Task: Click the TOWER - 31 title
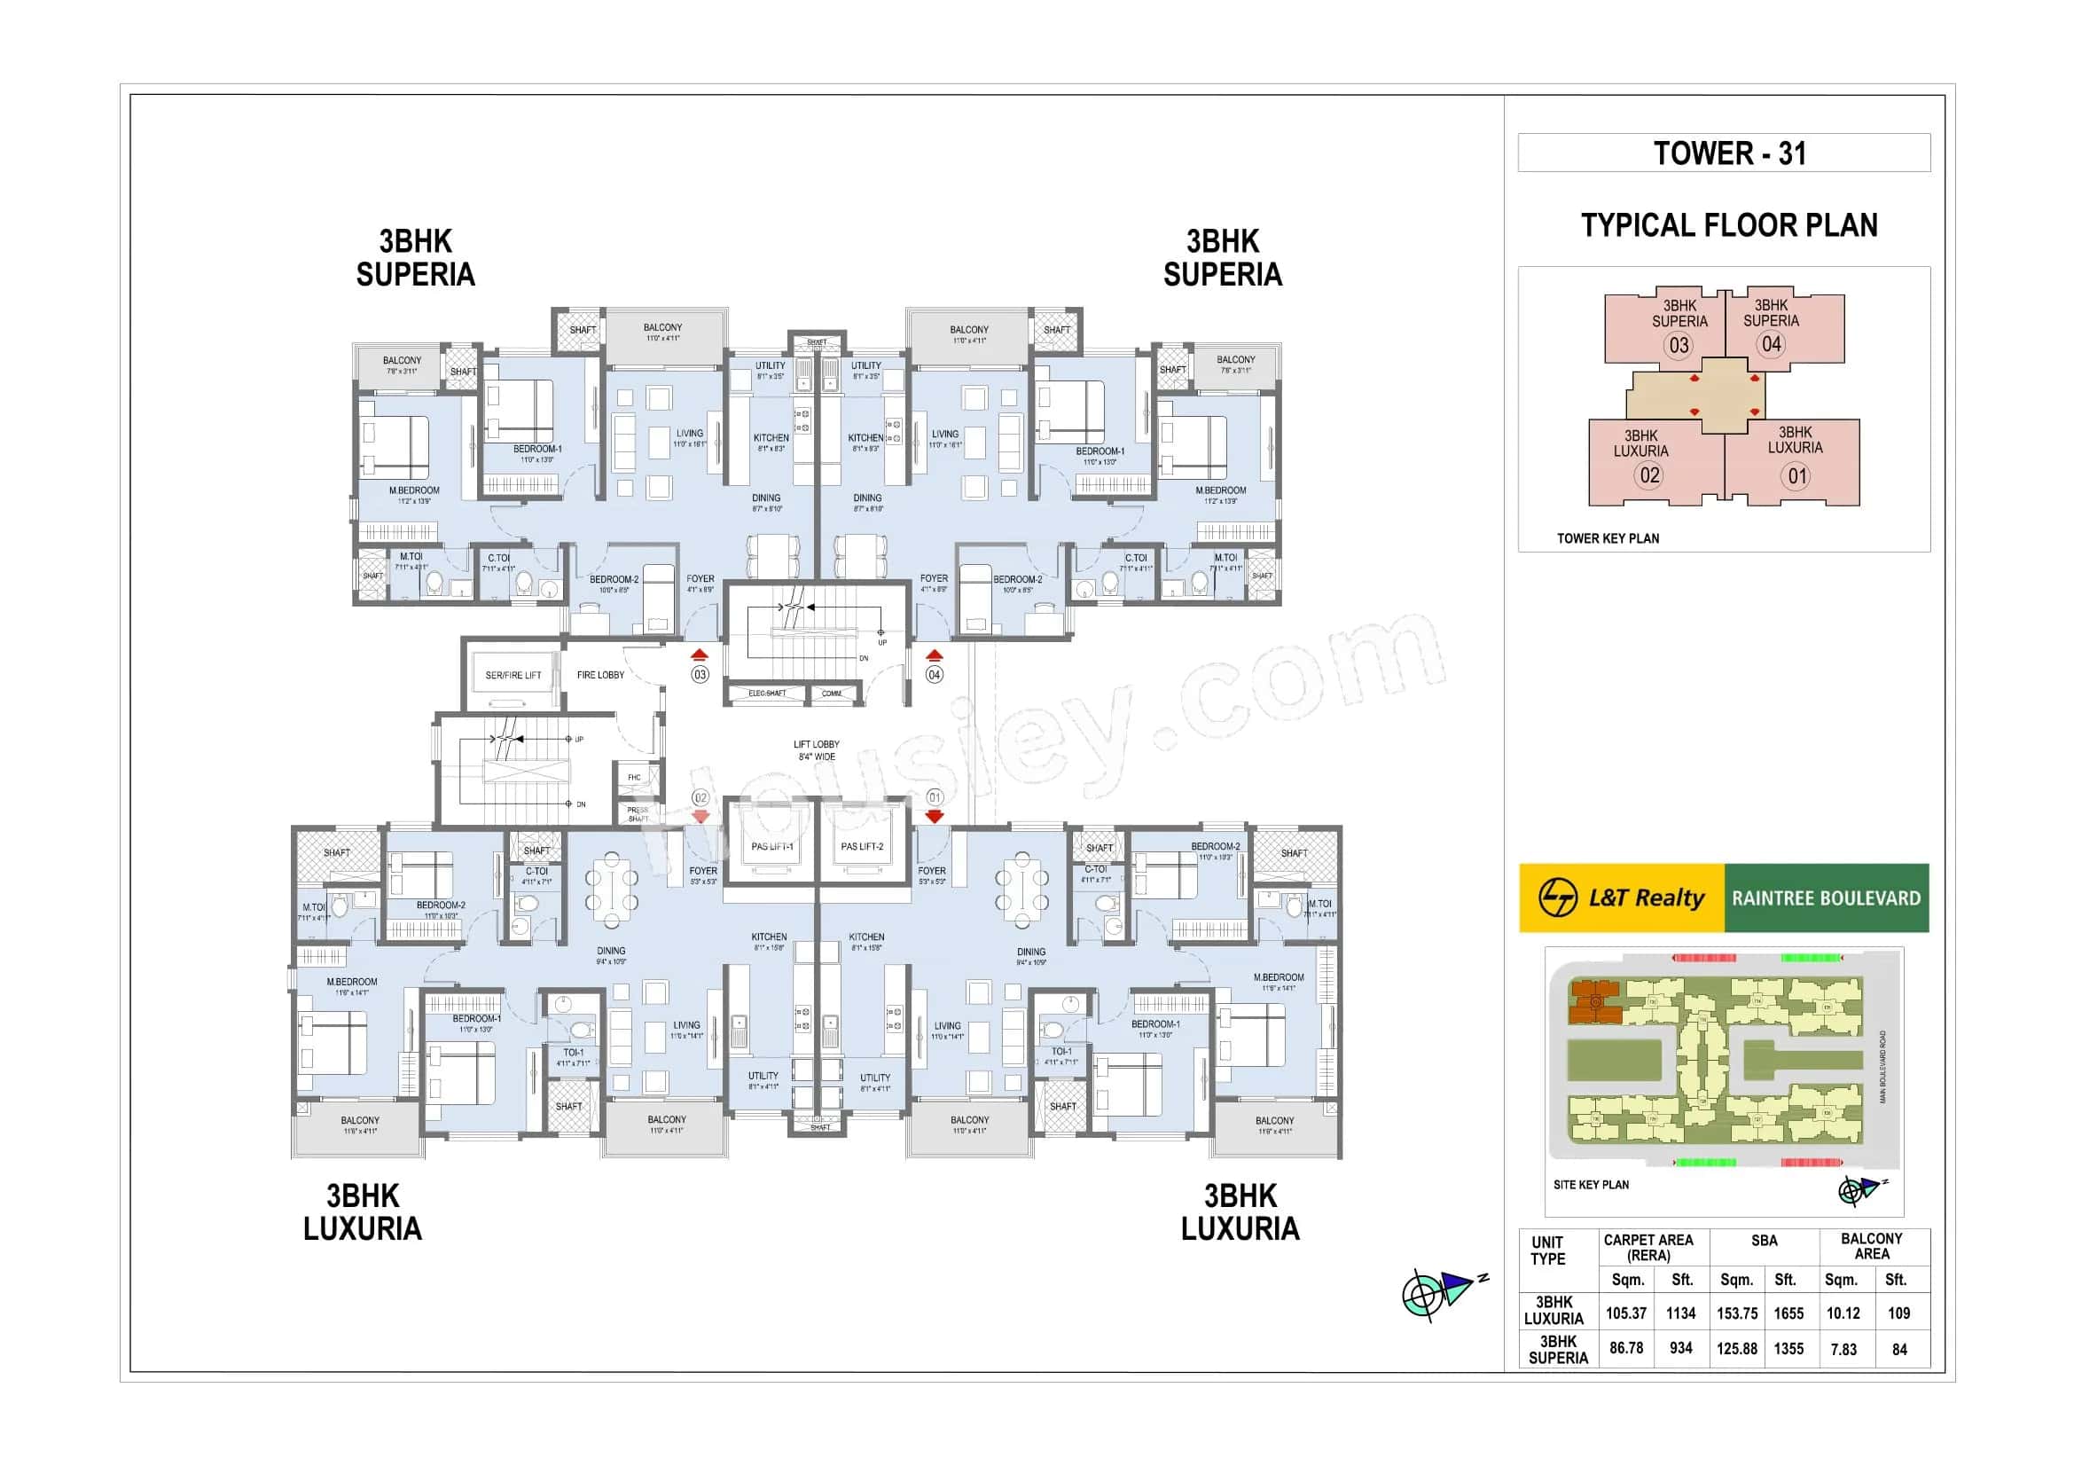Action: (1729, 153)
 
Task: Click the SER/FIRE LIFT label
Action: (513, 675)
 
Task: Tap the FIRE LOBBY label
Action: (599, 675)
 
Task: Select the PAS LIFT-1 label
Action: (771, 846)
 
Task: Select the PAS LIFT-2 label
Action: (862, 846)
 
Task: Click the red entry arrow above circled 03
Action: (699, 655)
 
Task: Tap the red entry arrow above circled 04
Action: (935, 655)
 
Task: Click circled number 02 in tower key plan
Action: (1649, 475)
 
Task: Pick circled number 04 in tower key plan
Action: (1771, 344)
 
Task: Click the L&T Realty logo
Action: (1622, 898)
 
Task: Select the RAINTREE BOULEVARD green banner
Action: (1826, 898)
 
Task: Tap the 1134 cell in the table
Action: (1680, 1313)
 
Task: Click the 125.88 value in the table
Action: (1736, 1349)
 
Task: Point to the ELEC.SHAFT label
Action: (767, 694)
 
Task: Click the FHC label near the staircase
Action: (634, 777)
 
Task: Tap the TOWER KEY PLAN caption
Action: (1607, 538)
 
